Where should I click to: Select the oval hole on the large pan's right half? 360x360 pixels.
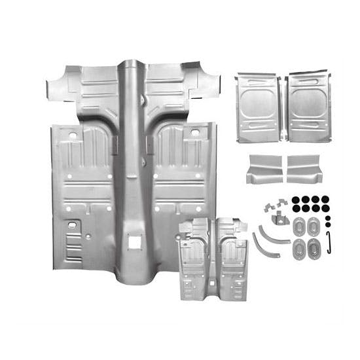tap(195, 135)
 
